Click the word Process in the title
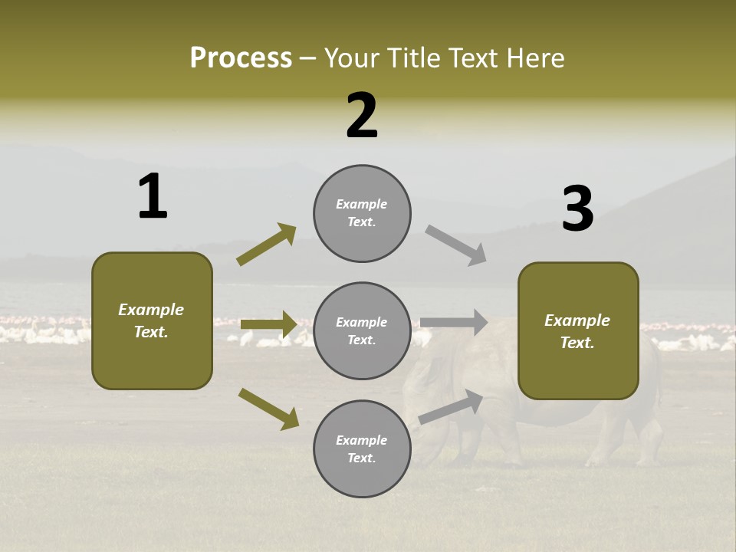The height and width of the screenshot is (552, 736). [241, 58]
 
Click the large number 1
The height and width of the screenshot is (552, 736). [153, 197]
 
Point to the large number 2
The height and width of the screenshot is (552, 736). [362, 116]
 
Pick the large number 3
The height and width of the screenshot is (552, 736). [578, 209]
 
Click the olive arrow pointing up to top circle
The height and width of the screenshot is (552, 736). [266, 245]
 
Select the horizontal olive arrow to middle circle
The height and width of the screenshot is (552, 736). [268, 324]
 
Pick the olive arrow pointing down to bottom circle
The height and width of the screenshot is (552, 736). [268, 408]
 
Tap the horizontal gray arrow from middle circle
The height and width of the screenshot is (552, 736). [454, 323]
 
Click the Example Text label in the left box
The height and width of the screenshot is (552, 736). [151, 320]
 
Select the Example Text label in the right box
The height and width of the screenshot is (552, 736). [577, 331]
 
